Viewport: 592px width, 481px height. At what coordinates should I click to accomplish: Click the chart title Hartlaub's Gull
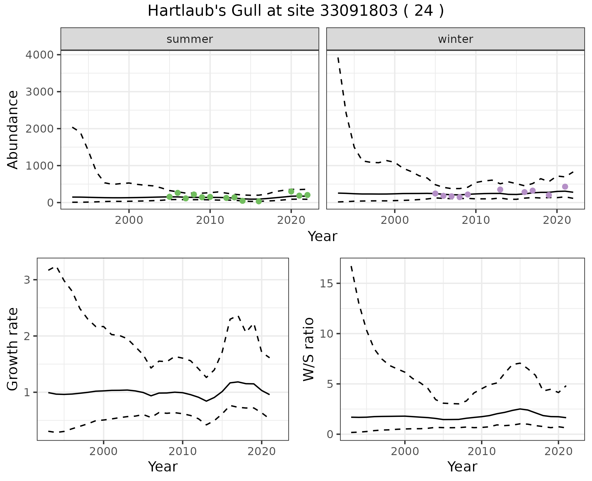(x=296, y=11)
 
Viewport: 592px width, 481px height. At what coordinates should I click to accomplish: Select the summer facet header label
(x=190, y=39)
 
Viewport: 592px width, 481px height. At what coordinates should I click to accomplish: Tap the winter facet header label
(x=455, y=39)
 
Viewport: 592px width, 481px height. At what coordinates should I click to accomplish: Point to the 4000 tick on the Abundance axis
(x=39, y=55)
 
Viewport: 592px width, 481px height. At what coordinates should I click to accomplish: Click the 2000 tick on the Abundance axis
(x=39, y=129)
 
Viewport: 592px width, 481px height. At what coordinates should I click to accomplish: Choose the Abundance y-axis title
(x=13, y=129)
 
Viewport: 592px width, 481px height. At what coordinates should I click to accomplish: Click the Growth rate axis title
(x=13, y=349)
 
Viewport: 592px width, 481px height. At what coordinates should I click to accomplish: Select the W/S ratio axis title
(x=308, y=349)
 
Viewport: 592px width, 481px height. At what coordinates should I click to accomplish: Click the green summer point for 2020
(x=291, y=191)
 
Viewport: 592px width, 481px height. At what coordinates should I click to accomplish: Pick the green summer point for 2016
(x=259, y=201)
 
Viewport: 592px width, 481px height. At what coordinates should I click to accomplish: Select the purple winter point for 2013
(x=500, y=189)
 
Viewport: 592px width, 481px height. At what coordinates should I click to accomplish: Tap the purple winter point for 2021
(x=565, y=187)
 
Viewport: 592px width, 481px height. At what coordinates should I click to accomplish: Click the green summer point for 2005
(x=169, y=197)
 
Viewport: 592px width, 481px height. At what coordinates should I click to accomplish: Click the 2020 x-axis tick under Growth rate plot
(x=261, y=452)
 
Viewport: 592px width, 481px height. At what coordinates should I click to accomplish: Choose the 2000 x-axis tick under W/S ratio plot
(x=405, y=452)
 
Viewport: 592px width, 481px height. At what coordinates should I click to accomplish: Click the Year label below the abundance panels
(x=323, y=236)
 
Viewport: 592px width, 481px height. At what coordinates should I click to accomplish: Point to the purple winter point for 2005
(x=435, y=193)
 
